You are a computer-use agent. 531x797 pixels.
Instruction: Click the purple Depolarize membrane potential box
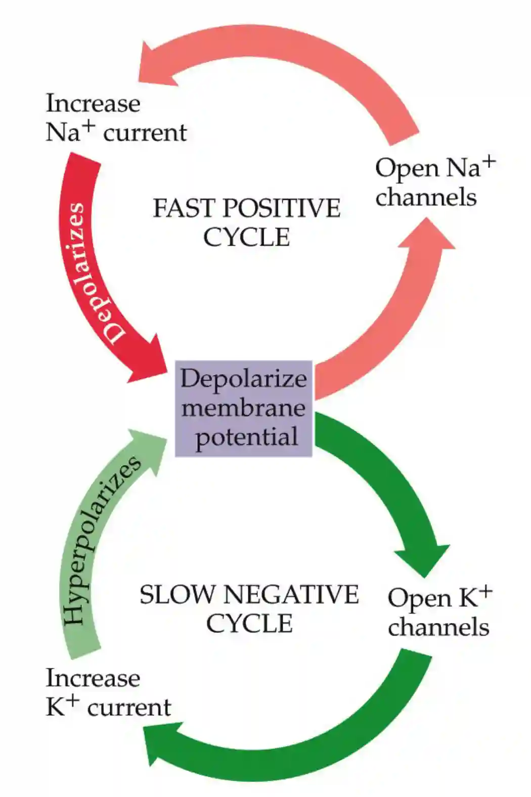[243, 408]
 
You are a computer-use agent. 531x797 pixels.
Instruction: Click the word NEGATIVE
[291, 595]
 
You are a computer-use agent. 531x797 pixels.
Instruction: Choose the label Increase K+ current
[108, 693]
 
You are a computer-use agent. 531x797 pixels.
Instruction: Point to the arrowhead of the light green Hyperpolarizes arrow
[147, 448]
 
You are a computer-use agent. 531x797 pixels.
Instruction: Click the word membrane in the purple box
[243, 408]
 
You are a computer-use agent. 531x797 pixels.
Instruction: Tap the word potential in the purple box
[246, 437]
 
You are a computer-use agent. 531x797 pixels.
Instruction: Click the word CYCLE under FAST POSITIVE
[246, 237]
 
